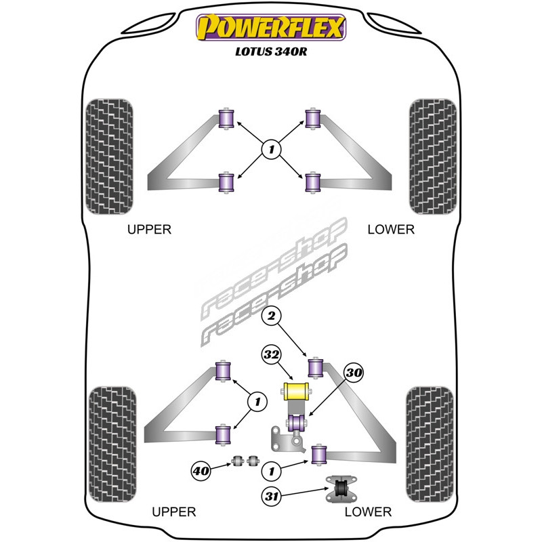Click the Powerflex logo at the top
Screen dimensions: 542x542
[x=271, y=28]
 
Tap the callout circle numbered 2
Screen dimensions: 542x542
[x=271, y=315]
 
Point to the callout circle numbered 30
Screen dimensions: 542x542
[x=353, y=372]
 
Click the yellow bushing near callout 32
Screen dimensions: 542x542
[x=295, y=392]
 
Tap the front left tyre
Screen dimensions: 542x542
[x=110, y=157]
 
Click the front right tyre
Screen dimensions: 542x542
[x=432, y=157]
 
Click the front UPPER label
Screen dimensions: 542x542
[x=150, y=230]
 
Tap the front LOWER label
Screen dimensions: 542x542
[x=390, y=230]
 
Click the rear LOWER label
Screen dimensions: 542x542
[x=368, y=512]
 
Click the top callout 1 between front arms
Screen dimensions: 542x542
[x=271, y=148]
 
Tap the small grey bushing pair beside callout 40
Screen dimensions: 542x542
[x=247, y=461]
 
